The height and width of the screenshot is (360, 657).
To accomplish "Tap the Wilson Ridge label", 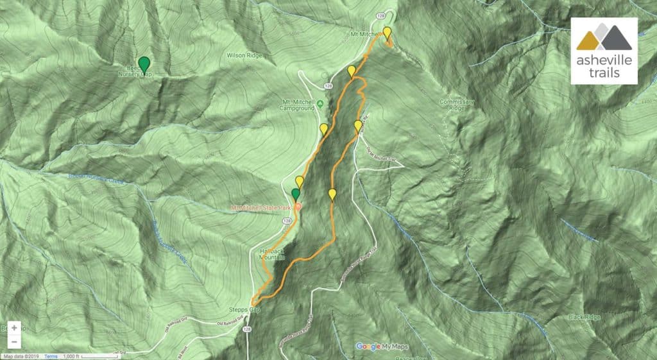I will [x=244, y=55].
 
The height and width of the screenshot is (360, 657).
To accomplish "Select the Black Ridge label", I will [x=583, y=317].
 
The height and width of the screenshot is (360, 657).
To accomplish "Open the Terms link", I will [x=51, y=356].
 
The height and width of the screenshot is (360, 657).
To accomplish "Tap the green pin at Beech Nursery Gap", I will [x=145, y=64].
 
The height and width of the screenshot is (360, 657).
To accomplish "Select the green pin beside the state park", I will [x=296, y=194].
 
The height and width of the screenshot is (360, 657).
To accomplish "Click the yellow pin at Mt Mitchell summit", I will [x=387, y=33].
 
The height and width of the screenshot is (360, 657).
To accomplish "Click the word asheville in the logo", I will [x=604, y=61].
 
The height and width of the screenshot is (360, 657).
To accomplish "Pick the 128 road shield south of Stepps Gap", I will [x=248, y=328].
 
